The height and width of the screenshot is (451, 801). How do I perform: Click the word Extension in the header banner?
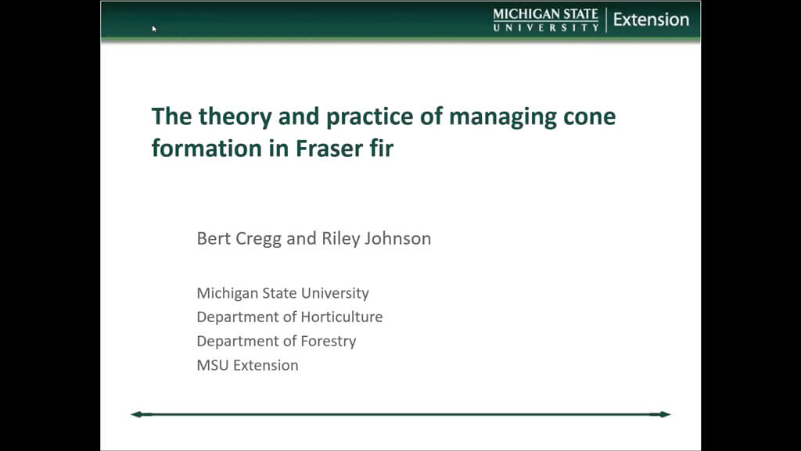651,20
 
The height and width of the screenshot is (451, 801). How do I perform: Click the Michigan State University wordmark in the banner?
545,20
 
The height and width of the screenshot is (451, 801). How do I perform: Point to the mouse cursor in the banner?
154,29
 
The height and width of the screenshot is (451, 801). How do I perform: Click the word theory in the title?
235,116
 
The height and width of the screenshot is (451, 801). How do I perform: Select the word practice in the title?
370,116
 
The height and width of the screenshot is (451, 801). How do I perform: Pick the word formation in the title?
207,149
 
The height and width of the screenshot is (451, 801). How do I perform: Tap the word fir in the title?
382,149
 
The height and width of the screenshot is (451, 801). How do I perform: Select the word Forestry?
329,342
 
